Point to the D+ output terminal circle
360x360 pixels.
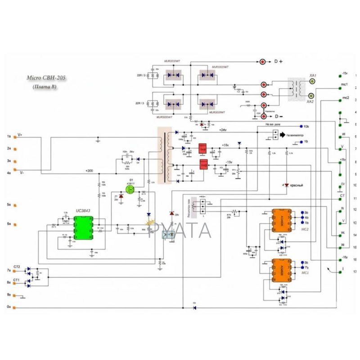[262, 61]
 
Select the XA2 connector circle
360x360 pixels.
[311, 96]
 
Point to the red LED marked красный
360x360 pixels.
[285, 185]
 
